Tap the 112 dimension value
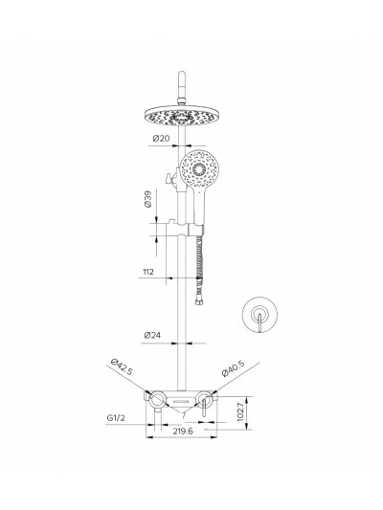147,273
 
